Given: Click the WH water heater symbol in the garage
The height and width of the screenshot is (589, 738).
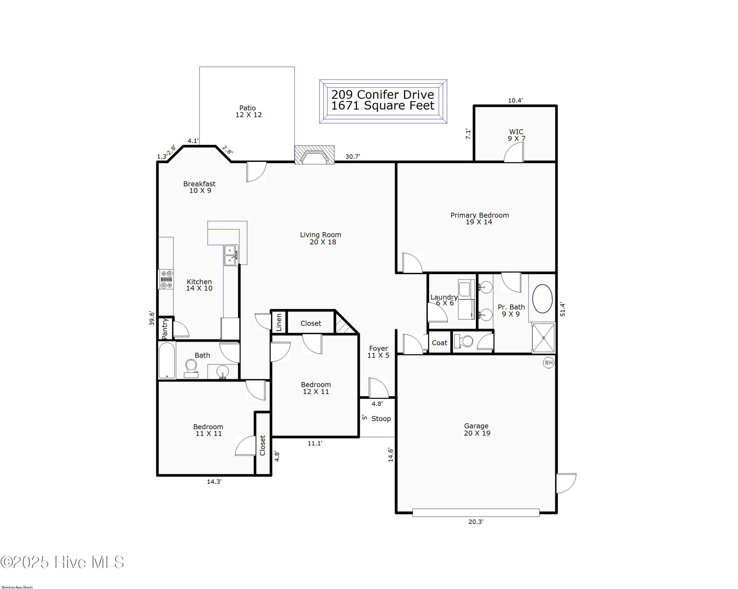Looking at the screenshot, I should click(x=548, y=363).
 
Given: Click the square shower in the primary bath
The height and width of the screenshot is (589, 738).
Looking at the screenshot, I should click(x=543, y=338).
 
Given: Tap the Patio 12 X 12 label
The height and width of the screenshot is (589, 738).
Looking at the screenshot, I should click(x=248, y=111).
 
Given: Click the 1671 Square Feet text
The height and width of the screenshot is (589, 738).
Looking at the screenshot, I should click(x=383, y=106).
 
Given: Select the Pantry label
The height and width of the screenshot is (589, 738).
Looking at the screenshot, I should click(x=165, y=329).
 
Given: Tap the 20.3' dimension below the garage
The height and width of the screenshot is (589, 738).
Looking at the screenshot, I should click(x=476, y=522).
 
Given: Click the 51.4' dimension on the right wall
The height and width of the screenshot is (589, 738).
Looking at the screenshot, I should click(x=562, y=309).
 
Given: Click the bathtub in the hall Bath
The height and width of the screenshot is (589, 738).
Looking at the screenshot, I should click(x=167, y=361).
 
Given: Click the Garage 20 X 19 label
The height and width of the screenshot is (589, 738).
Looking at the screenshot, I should click(x=477, y=430).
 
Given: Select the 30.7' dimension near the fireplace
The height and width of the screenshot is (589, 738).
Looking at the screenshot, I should click(x=352, y=157).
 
